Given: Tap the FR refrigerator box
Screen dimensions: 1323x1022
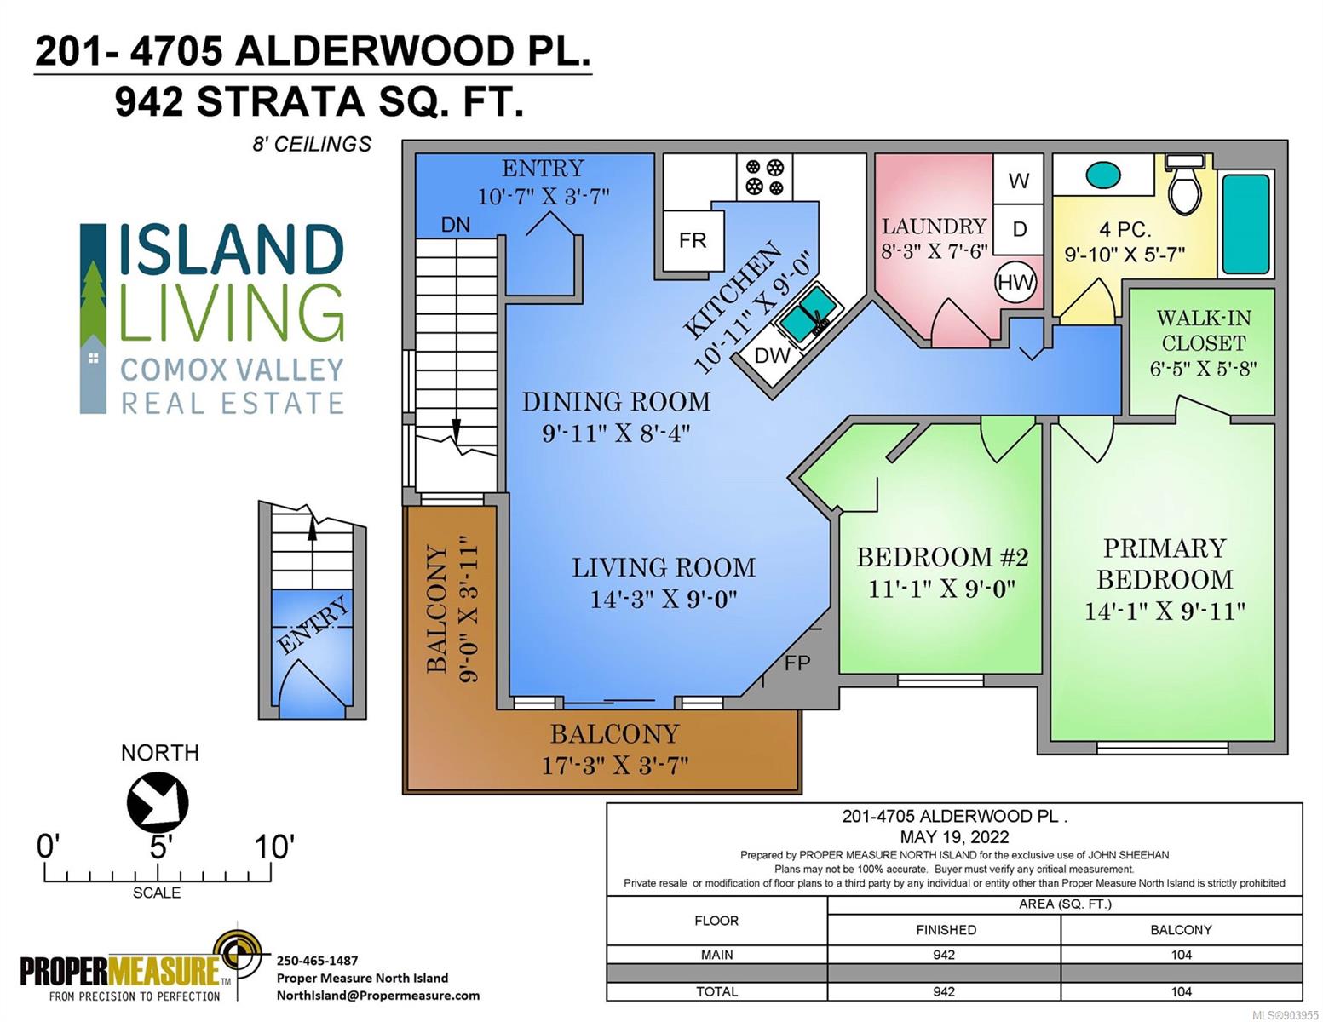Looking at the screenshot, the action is (693, 241).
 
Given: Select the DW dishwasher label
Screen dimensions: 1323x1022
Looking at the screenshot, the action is (772, 355).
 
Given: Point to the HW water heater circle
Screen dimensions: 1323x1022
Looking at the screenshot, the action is (1015, 283).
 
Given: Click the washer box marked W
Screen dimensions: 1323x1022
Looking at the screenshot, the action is (1019, 180).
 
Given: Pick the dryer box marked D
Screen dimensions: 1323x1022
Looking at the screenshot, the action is (1019, 229).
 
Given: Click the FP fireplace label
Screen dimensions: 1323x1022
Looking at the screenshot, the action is (797, 663).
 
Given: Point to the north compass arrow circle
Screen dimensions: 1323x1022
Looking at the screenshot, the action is (157, 801).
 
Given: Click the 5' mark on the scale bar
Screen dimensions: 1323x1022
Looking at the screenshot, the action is (158, 847).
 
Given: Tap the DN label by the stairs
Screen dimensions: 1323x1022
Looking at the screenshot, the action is (456, 225).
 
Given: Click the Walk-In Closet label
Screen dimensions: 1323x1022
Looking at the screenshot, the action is (1203, 330).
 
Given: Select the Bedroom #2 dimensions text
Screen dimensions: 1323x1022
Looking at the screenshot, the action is (942, 589).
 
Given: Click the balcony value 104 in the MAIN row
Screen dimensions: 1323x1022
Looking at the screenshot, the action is (1181, 955).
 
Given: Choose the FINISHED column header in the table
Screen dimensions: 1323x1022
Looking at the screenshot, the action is (946, 929).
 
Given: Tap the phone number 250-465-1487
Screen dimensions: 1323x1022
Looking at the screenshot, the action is (317, 961).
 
